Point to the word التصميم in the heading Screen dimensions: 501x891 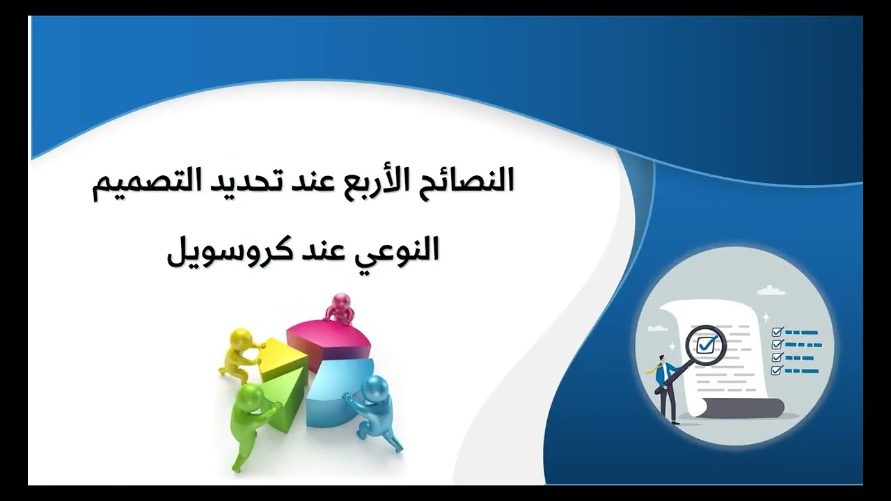point(139,182)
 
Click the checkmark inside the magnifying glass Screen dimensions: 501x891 point(707,344)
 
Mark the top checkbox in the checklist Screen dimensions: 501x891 point(778,333)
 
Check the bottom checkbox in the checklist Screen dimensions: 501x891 point(778,369)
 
